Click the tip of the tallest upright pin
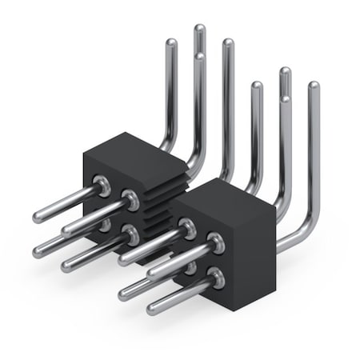(x=199, y=29)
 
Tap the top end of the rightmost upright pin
(x=313, y=86)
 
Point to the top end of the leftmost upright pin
(x=170, y=44)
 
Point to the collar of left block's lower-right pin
(x=128, y=234)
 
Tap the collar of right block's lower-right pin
(x=214, y=279)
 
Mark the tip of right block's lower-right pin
(x=152, y=308)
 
